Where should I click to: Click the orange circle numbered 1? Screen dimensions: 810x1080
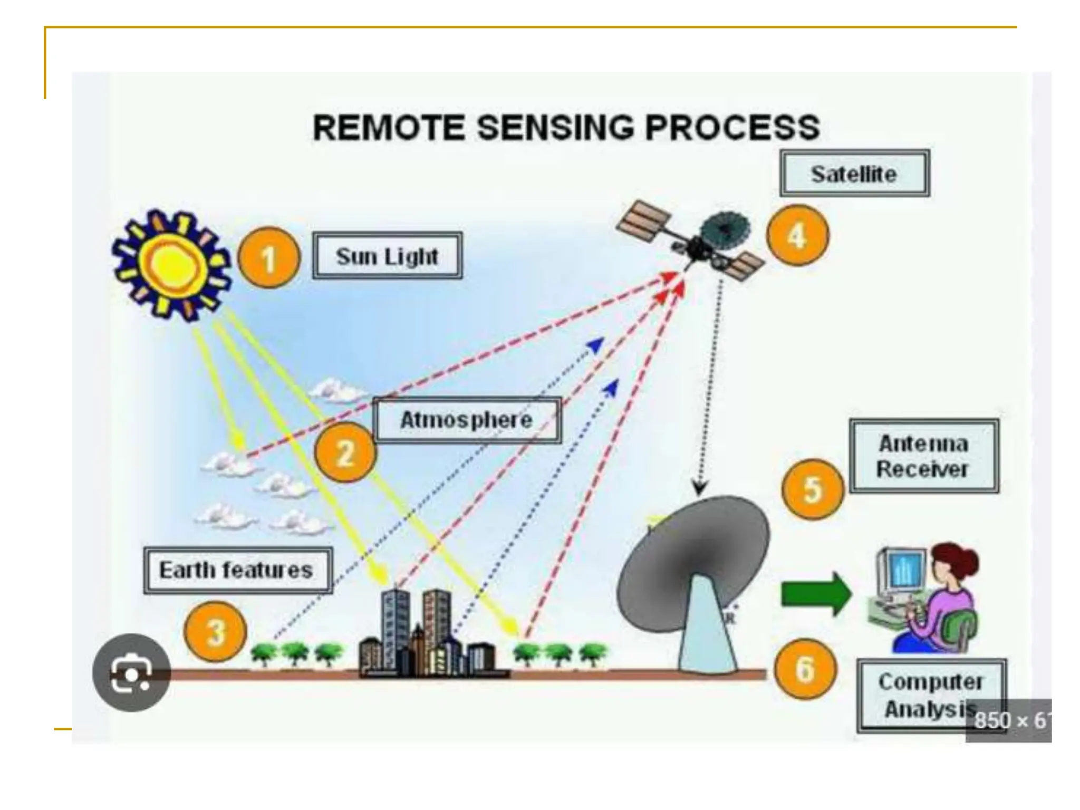coord(269,258)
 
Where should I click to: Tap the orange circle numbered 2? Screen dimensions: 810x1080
coord(345,452)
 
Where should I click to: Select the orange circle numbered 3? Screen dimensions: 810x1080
coord(216,632)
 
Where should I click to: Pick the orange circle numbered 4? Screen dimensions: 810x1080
coord(797,235)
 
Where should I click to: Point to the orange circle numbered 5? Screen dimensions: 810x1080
coord(812,489)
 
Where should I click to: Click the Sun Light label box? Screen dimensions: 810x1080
coord(387,256)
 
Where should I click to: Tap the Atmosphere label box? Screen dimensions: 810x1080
coord(466,420)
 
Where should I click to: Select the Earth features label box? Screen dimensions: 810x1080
coord(237,570)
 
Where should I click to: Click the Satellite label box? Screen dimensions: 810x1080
coord(854,173)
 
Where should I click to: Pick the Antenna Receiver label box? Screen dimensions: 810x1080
coord(923,456)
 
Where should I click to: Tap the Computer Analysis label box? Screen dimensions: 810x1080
coord(931,695)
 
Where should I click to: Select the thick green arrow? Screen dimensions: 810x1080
coord(815,594)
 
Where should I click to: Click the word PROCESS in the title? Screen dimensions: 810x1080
coord(732,128)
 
